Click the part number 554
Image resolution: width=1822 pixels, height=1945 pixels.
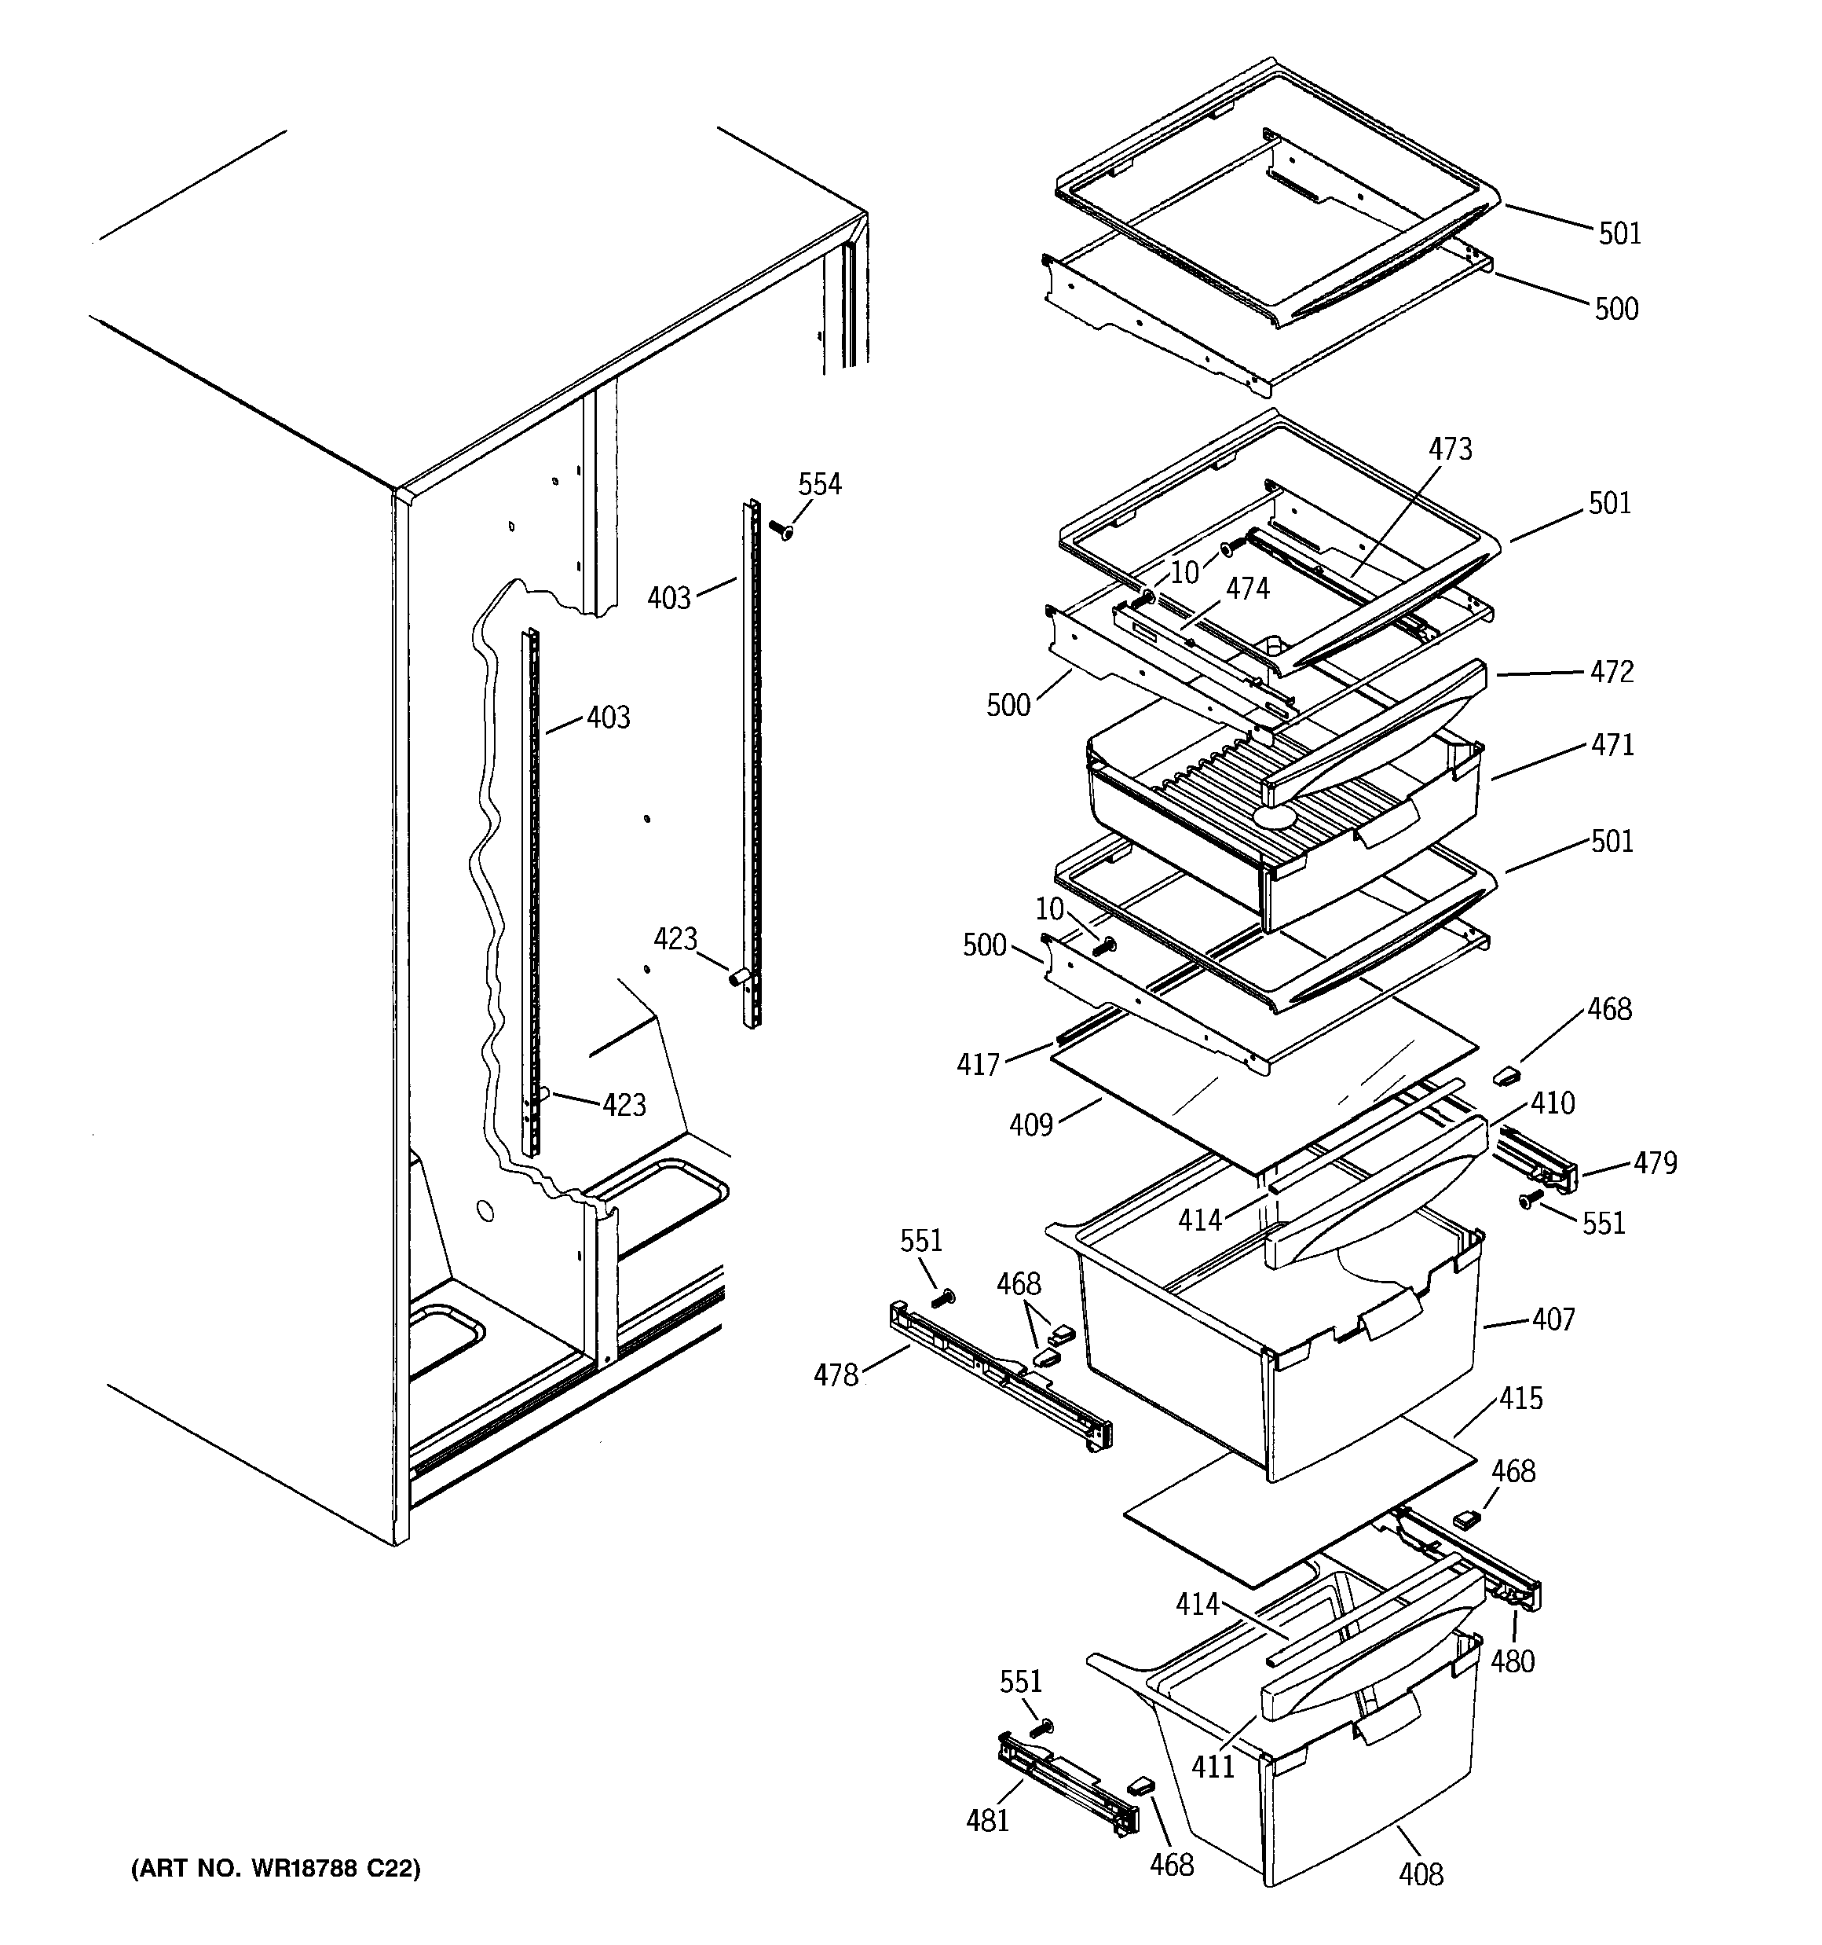click(x=820, y=484)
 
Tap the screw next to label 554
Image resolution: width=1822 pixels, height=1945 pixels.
click(x=781, y=530)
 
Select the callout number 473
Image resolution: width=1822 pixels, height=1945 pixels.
click(x=1450, y=449)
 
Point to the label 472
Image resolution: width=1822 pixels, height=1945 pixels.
click(x=1612, y=672)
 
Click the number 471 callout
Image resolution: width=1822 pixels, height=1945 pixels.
click(x=1612, y=746)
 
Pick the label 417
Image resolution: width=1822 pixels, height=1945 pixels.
click(x=978, y=1065)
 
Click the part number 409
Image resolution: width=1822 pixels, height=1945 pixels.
click(x=1031, y=1125)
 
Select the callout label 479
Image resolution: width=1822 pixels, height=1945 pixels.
click(x=1655, y=1163)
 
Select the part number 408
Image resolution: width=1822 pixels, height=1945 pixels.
click(x=1420, y=1874)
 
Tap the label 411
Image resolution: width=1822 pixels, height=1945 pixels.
click(x=1213, y=1767)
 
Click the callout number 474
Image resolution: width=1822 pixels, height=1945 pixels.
click(x=1248, y=588)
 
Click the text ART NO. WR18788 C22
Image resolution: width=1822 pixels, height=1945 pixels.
click(x=276, y=1870)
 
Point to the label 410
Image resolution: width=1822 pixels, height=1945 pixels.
click(x=1552, y=1103)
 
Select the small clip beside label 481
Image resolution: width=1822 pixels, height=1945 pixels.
click(x=1140, y=1785)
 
